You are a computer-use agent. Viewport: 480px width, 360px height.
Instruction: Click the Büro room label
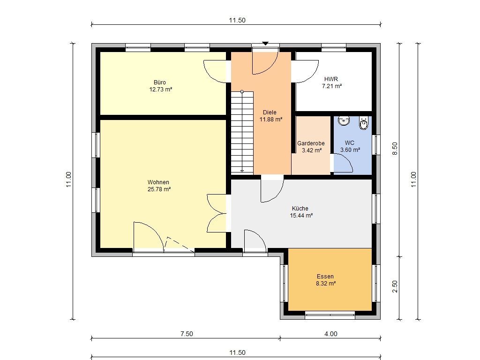click(160, 82)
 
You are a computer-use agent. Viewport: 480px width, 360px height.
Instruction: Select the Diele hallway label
click(270, 112)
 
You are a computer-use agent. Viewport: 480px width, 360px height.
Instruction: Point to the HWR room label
click(331, 79)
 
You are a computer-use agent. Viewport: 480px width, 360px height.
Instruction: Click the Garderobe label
click(311, 143)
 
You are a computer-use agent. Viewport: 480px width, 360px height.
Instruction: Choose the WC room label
click(350, 142)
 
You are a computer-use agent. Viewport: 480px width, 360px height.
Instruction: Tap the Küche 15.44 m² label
click(301, 212)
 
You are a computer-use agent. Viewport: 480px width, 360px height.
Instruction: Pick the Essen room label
click(325, 277)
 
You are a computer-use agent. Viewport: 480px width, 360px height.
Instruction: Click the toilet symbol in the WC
click(363, 123)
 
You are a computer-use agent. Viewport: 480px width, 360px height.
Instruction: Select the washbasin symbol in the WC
click(344, 120)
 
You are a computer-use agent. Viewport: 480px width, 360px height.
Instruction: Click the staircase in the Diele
click(242, 132)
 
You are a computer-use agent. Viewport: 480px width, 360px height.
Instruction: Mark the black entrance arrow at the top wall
click(265, 44)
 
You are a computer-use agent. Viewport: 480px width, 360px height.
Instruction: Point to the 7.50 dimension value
click(187, 334)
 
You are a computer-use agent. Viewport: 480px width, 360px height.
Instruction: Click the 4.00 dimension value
click(331, 334)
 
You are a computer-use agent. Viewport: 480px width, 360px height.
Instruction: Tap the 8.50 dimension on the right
click(395, 149)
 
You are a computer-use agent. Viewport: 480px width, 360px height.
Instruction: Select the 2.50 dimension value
click(395, 286)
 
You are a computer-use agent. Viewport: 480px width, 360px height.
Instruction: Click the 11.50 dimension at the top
click(237, 20)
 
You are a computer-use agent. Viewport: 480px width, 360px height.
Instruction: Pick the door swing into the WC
click(343, 163)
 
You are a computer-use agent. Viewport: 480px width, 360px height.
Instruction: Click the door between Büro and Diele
click(215, 72)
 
